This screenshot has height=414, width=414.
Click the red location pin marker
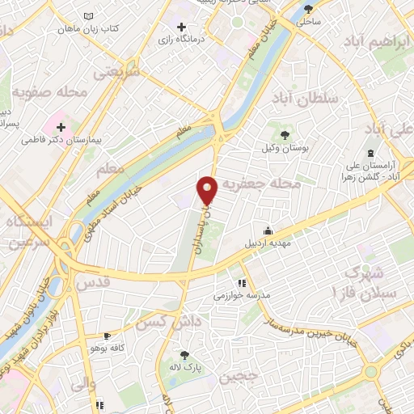208,189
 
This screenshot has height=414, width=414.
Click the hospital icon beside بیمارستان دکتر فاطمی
61,126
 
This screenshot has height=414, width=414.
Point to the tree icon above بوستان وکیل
284,134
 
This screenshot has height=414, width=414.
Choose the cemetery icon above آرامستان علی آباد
370,154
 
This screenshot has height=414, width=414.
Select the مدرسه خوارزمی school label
239,296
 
